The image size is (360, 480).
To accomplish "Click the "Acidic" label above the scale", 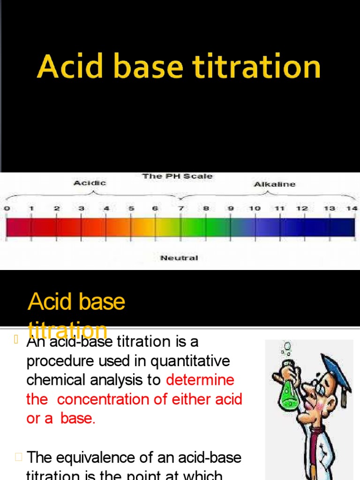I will click(90, 183).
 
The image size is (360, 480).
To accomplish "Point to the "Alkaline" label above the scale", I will click(275, 184).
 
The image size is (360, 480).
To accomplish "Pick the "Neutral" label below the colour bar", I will click(179, 258).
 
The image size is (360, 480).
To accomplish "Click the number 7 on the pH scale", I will click(181, 208).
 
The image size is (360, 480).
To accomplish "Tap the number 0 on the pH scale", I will click(7, 208).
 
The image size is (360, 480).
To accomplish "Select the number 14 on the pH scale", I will click(352, 208).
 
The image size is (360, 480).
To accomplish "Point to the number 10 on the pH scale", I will click(255, 208).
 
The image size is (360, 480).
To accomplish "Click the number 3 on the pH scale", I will click(81, 208).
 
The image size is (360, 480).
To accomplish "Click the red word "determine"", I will click(200, 380).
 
